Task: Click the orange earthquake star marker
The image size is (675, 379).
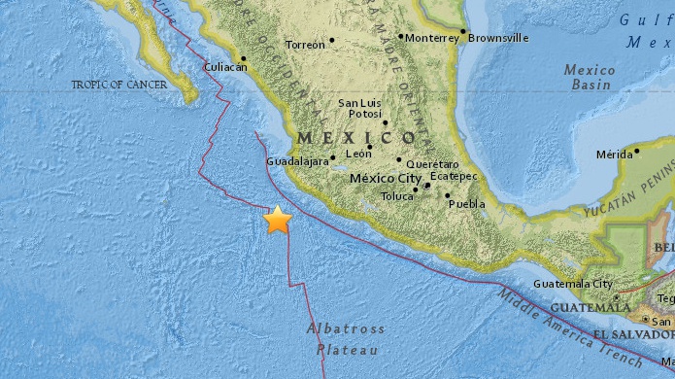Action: tap(279, 221)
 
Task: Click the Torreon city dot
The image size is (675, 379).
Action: tap(331, 41)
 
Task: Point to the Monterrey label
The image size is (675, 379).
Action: tap(431, 39)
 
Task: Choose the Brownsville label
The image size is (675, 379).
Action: tap(500, 38)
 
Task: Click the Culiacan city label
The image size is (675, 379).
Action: tap(224, 68)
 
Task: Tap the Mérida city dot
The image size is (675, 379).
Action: tap(636, 151)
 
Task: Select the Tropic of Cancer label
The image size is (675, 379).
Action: tap(119, 86)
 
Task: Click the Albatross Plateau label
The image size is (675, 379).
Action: tap(346, 339)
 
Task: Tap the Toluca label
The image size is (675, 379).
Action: tap(396, 195)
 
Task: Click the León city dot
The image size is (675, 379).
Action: tap(369, 147)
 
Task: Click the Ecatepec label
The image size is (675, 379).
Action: tap(453, 179)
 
